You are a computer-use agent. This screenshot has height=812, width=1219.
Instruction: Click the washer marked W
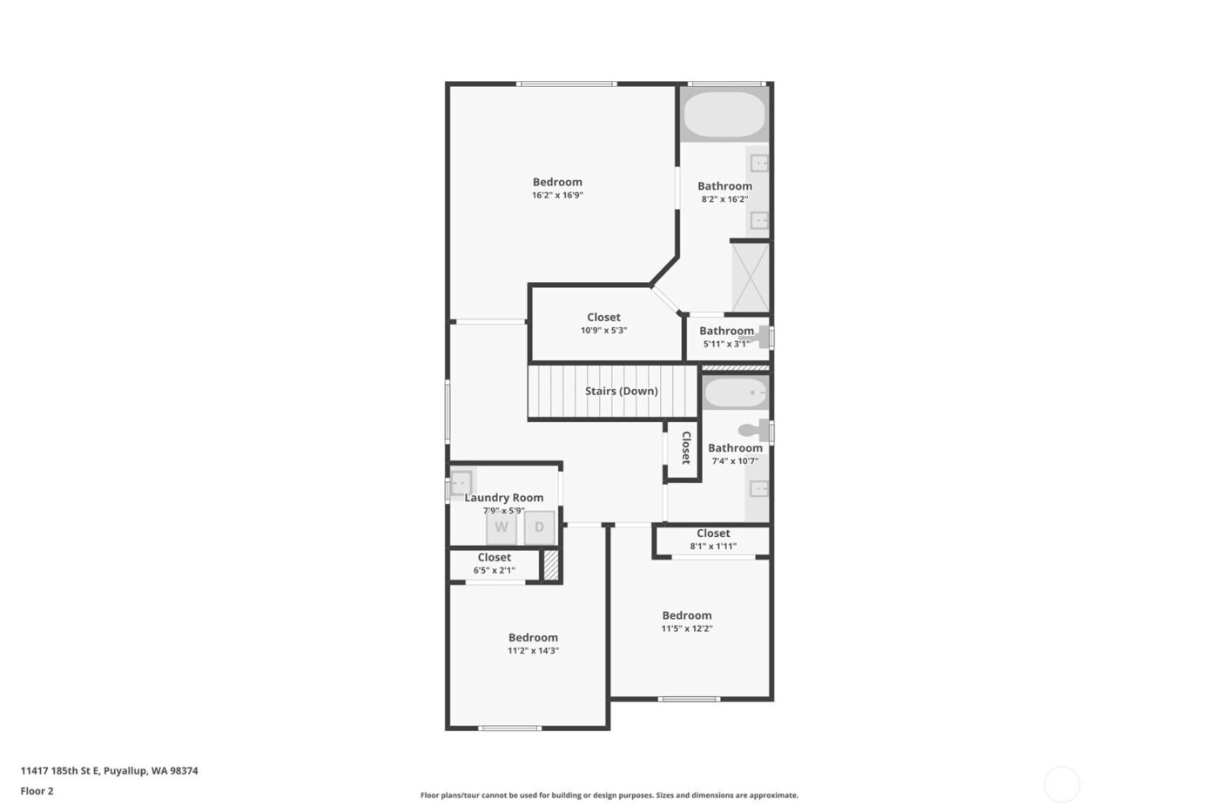(502, 527)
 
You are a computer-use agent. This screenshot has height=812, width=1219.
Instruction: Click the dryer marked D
(539, 527)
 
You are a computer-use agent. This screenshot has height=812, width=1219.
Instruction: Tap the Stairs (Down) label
(621, 391)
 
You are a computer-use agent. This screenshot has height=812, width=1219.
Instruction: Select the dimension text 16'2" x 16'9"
(557, 195)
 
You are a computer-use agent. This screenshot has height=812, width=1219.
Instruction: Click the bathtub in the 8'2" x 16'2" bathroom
(724, 115)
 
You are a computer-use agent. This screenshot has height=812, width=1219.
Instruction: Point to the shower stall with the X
(750, 277)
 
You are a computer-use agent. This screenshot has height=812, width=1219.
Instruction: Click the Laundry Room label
(503, 498)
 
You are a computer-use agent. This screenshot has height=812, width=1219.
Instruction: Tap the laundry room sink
(461, 482)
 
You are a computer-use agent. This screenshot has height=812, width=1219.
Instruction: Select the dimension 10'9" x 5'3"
(603, 331)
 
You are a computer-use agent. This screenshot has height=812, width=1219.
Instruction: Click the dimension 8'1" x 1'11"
(713, 547)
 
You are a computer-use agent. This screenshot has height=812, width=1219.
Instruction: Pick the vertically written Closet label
(685, 447)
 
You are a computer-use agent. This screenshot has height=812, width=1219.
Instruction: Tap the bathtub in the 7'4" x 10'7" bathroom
(735, 393)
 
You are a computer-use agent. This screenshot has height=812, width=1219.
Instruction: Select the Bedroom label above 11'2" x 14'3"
(533, 637)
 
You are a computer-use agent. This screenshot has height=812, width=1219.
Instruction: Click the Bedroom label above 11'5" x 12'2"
(686, 615)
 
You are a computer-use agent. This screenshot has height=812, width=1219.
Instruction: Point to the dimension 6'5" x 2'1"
(494, 571)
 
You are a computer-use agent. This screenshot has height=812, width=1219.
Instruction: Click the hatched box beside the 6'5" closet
(550, 565)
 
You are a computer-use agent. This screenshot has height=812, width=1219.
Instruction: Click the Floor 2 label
(37, 791)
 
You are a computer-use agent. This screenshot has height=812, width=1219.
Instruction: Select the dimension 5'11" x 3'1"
(726, 344)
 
